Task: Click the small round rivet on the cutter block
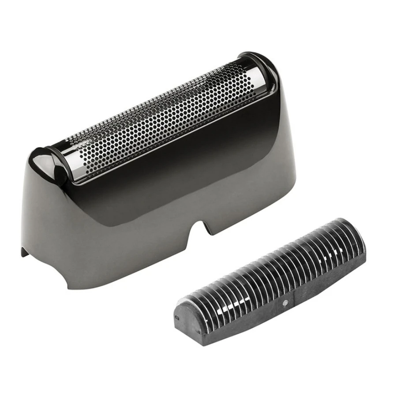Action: tap(285, 303)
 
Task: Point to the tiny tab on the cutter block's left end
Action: tap(177, 317)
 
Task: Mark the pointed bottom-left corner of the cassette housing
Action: tap(23, 253)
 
